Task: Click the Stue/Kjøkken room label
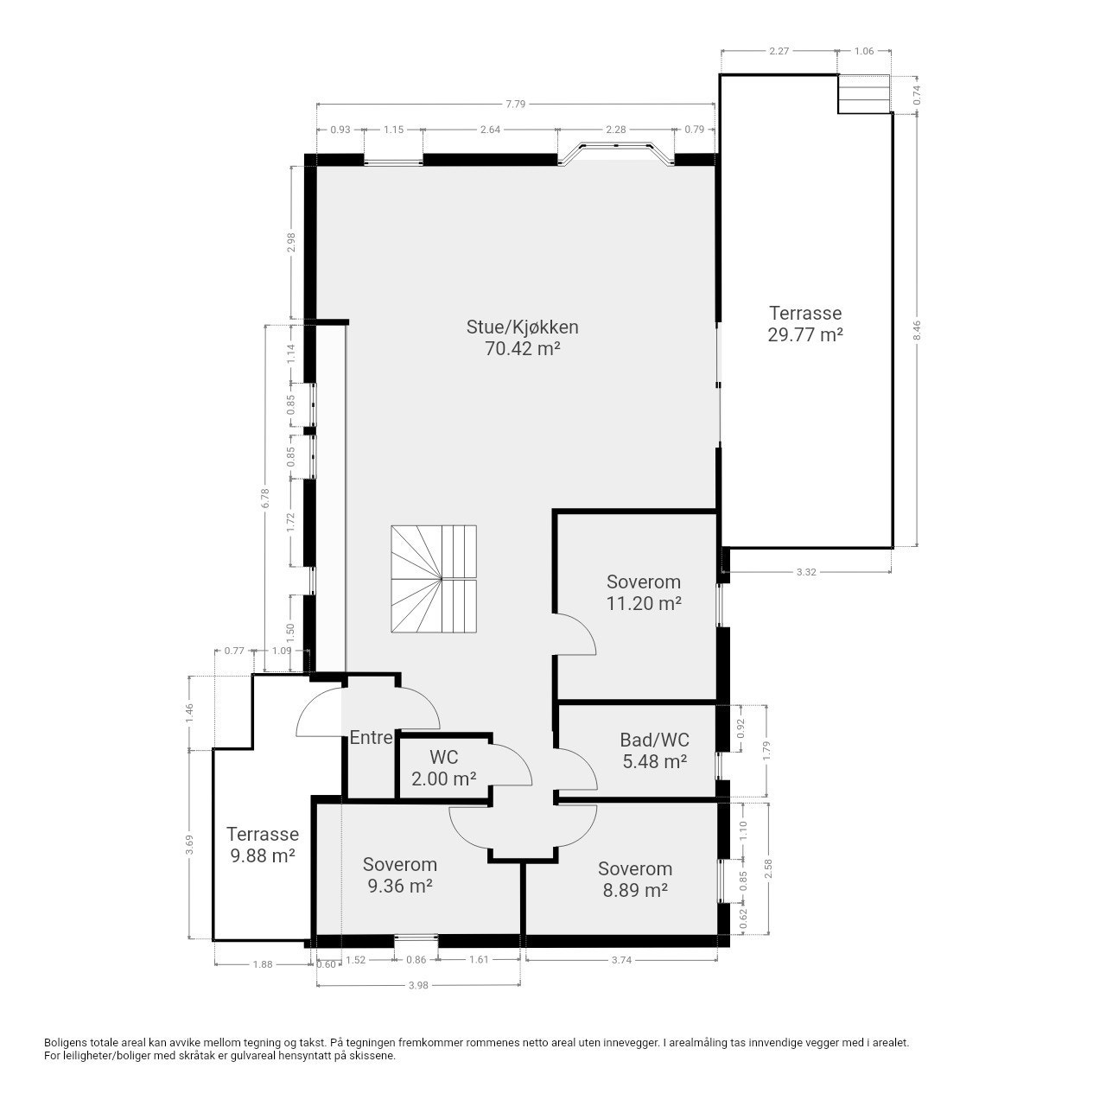coord(522,327)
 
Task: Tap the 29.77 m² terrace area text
coord(804,334)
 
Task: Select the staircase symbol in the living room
coord(434,579)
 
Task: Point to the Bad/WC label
coord(654,740)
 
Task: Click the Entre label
coord(371,738)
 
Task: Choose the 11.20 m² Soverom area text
coord(644,603)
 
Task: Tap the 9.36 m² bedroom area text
coord(399,886)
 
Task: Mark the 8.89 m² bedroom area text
coord(635,890)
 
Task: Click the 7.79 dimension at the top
coord(515,104)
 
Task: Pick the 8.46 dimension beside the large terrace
coord(917,330)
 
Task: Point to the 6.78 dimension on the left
coord(264,498)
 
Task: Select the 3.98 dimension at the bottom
coord(418,985)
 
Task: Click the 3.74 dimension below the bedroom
coord(621,960)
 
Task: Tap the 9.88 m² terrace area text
coord(263,855)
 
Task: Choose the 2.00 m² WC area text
coord(443,779)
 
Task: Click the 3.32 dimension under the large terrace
coord(806,572)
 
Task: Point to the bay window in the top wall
coord(616,155)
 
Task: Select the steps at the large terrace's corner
coord(863,94)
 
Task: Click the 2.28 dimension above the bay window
coord(616,129)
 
